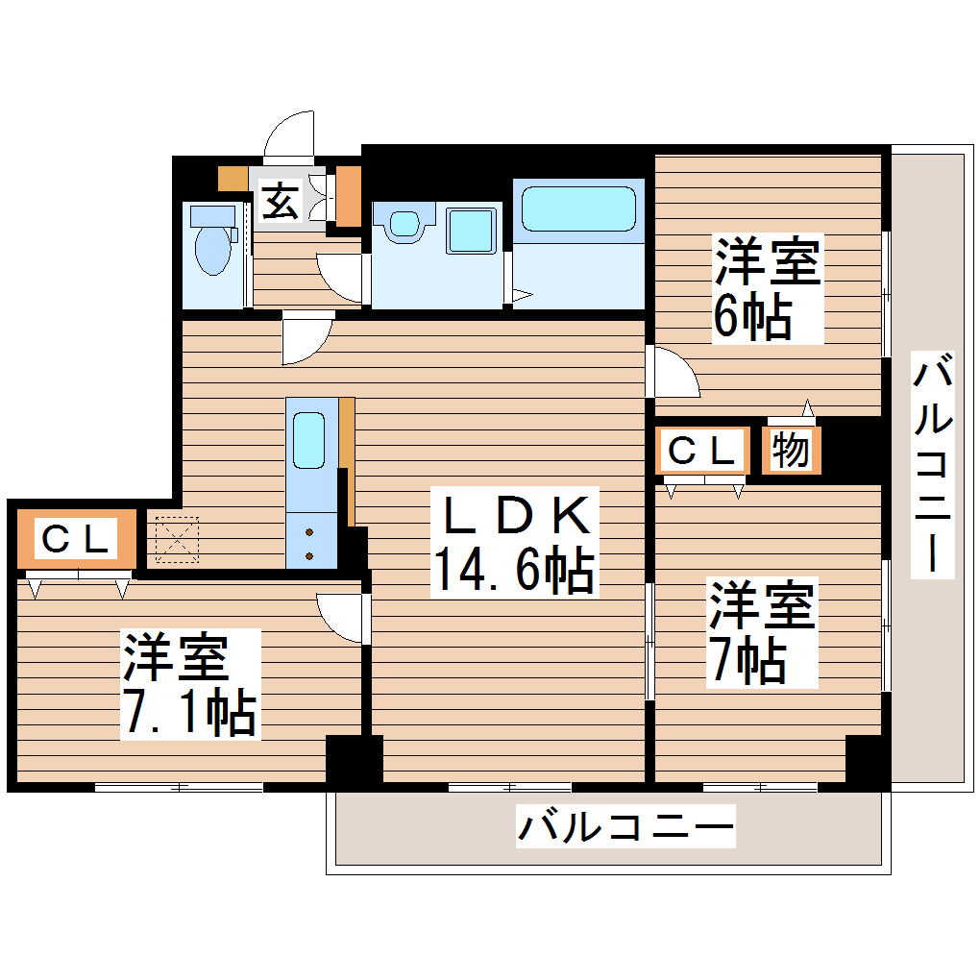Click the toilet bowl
coord(212,249)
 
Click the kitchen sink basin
coord(309,440)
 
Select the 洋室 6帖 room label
coord(767,287)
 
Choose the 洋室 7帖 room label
coord(762,632)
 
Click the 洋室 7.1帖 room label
coord(189,684)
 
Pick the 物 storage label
coord(792,450)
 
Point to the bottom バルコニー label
coord(625,825)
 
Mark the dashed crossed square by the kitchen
coord(174,540)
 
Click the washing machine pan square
coord(471,230)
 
